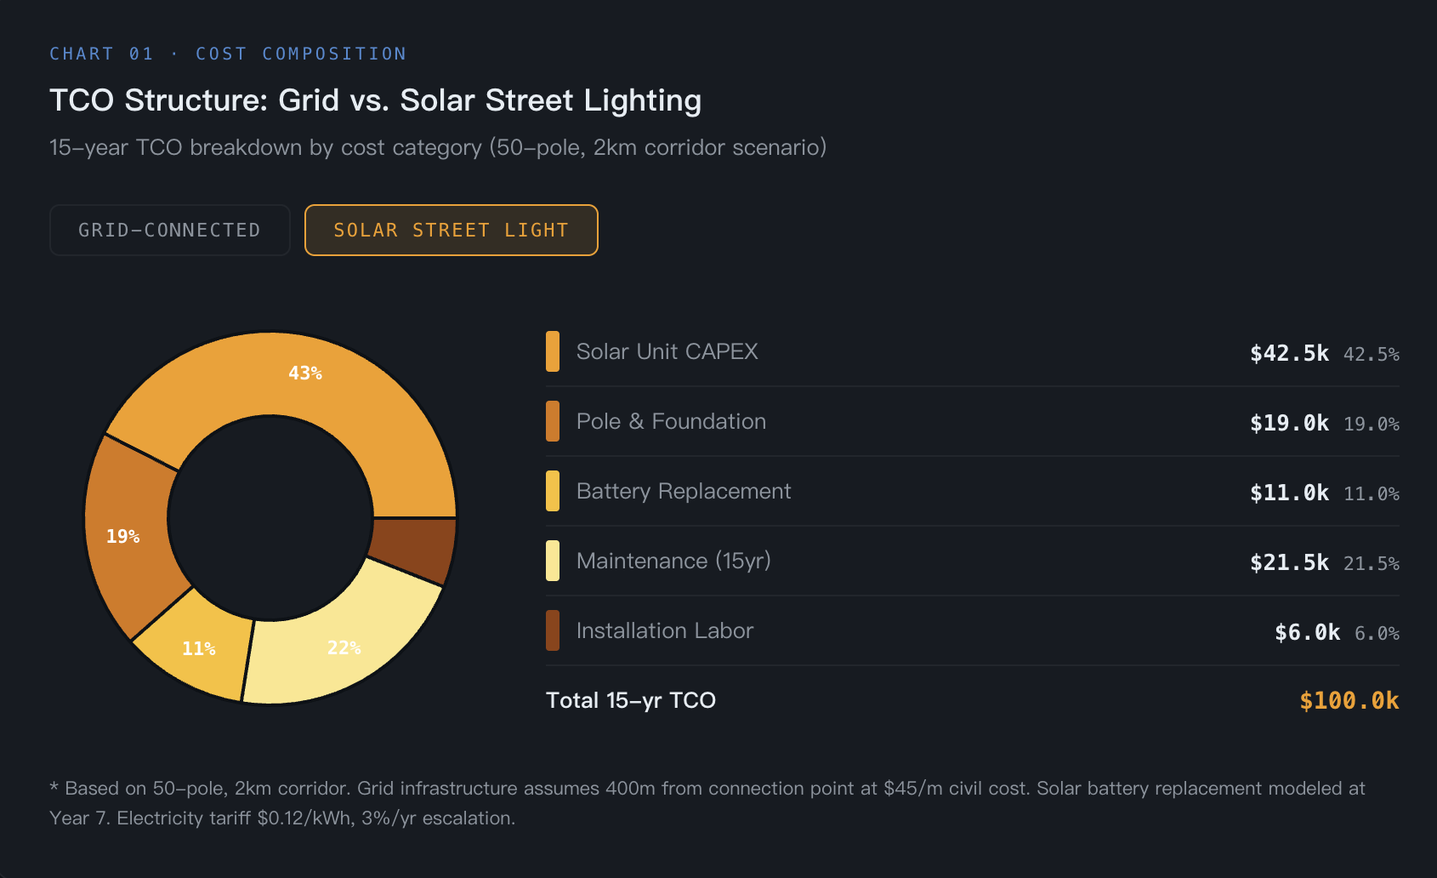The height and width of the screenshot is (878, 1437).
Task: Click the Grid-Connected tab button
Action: (x=169, y=230)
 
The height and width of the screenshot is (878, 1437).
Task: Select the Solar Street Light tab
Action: (x=451, y=230)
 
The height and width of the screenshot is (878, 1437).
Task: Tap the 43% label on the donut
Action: (x=305, y=373)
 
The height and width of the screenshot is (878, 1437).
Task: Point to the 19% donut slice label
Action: (x=123, y=536)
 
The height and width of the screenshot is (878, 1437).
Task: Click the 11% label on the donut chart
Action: (x=199, y=648)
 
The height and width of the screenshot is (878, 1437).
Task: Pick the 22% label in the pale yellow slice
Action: (x=344, y=647)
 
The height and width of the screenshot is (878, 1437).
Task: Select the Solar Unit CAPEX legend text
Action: (x=667, y=351)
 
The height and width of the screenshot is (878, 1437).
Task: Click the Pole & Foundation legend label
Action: (x=671, y=421)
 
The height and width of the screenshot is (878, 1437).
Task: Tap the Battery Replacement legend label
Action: (x=683, y=491)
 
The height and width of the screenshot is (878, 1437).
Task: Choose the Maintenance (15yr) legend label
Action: (x=673, y=561)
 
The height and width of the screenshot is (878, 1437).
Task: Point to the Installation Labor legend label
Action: (x=664, y=630)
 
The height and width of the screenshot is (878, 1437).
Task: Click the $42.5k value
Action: (x=1289, y=353)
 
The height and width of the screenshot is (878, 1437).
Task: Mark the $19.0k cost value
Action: (x=1289, y=423)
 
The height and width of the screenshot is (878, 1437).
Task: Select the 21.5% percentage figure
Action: (x=1371, y=563)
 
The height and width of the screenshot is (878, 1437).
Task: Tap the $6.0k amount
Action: (x=1307, y=632)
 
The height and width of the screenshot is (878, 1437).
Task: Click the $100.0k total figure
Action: (x=1349, y=700)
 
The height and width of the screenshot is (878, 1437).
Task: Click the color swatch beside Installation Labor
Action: (x=553, y=630)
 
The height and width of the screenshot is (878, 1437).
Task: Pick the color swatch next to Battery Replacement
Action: (x=553, y=491)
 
